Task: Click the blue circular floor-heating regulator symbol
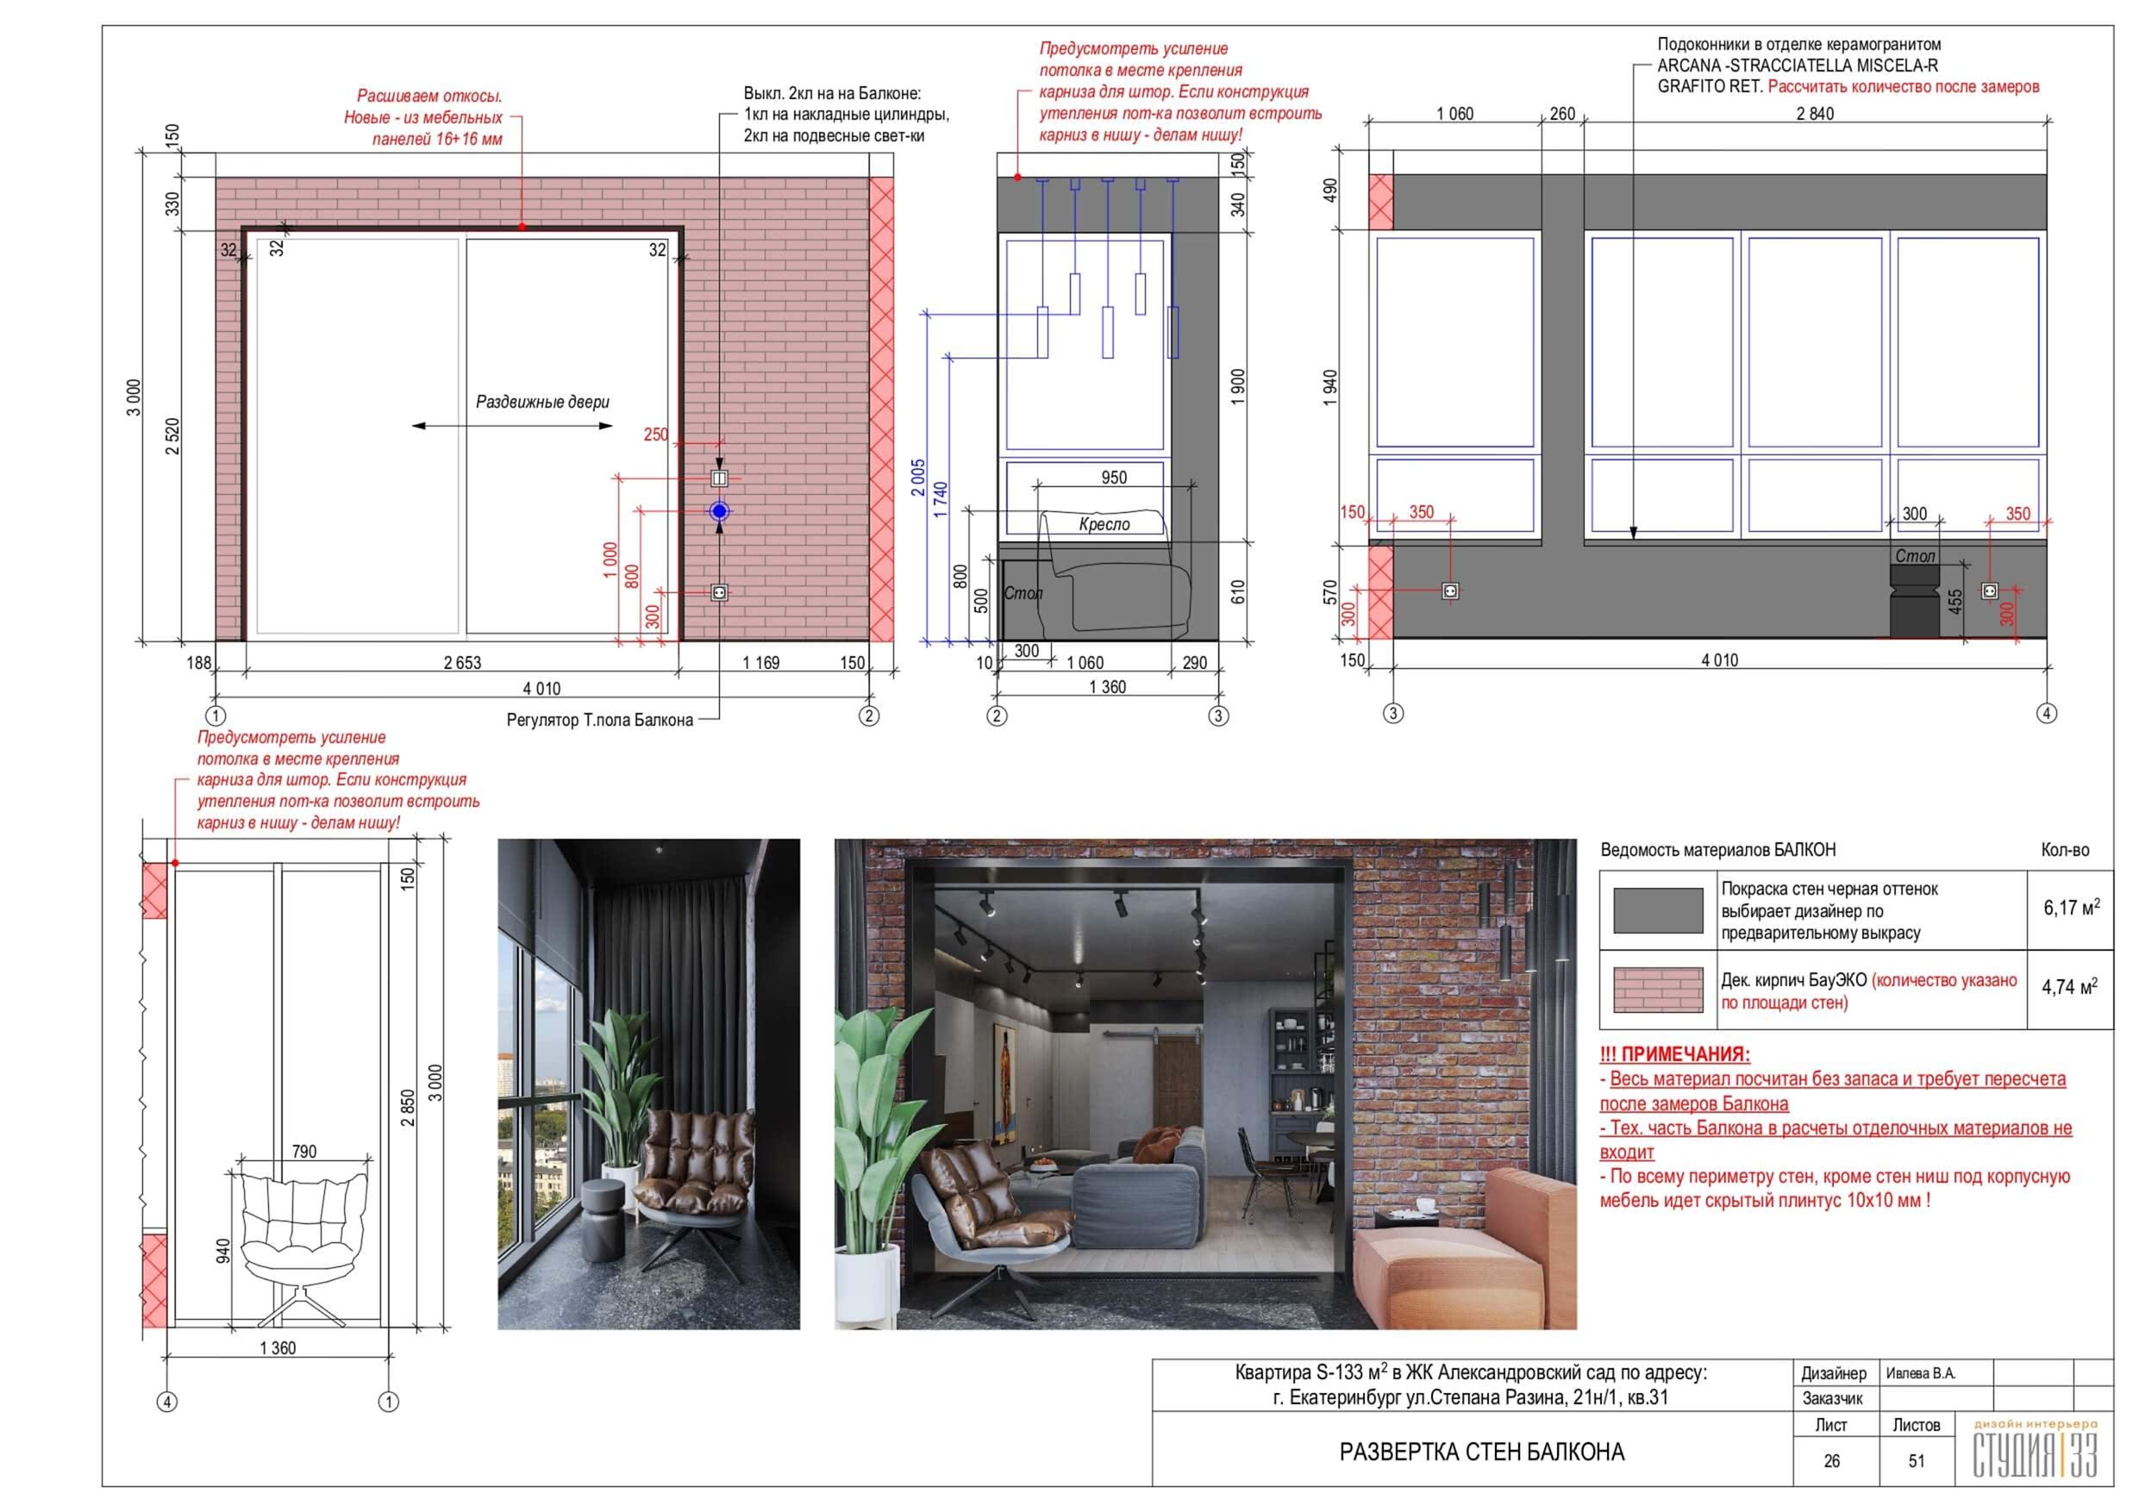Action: (x=719, y=510)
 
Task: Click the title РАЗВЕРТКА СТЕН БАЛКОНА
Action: (x=1481, y=1452)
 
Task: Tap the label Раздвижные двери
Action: (x=542, y=402)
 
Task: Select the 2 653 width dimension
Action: (x=462, y=662)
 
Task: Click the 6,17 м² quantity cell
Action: (x=2072, y=908)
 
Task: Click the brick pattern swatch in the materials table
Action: (x=1657, y=990)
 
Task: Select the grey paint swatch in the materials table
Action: (x=1657, y=910)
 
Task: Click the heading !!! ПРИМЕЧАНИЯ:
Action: (x=1674, y=1054)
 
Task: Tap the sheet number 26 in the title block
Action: (x=1831, y=1461)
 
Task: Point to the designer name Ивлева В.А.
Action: (x=1920, y=1373)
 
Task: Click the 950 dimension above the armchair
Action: (x=1114, y=477)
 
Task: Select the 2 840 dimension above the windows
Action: (x=1815, y=113)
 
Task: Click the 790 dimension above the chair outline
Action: (x=303, y=1152)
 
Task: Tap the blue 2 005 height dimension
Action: (x=918, y=477)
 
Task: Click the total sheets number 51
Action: (x=1917, y=1461)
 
